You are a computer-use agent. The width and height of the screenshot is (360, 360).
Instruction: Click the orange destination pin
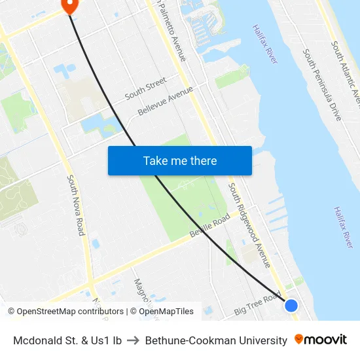[69, 5]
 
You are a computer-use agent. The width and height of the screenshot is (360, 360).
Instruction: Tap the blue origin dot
[291, 306]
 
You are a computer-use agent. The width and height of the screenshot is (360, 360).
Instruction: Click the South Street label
[145, 88]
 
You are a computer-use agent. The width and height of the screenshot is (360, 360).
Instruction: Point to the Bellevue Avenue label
[166, 101]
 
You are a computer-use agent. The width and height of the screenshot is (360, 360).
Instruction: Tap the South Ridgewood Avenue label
[249, 225]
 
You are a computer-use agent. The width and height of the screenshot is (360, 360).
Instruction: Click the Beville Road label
[209, 225]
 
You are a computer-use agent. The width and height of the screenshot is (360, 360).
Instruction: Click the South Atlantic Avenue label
[346, 72]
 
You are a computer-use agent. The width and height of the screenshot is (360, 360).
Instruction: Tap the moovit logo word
[326, 340]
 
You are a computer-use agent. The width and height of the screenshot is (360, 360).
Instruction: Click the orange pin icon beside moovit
[299, 340]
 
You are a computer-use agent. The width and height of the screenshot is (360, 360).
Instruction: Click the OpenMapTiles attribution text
[162, 312]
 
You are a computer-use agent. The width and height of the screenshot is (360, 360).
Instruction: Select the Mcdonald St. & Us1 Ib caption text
[67, 340]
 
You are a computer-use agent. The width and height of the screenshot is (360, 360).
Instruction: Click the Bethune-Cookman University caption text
[216, 340]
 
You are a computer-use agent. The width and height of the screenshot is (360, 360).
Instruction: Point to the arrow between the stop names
[134, 340]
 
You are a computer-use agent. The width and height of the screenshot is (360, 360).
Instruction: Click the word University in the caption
[262, 340]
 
